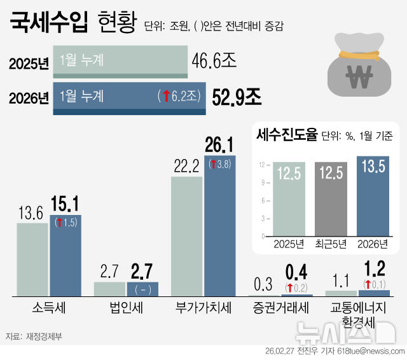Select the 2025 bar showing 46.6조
tap(120, 61)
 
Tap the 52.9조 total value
tap(237, 97)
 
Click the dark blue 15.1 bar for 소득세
tap(66, 254)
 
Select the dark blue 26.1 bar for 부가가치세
tap(219, 226)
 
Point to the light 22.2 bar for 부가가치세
tap(186, 235)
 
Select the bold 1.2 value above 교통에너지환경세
tap(374, 268)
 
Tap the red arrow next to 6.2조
tap(165, 97)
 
